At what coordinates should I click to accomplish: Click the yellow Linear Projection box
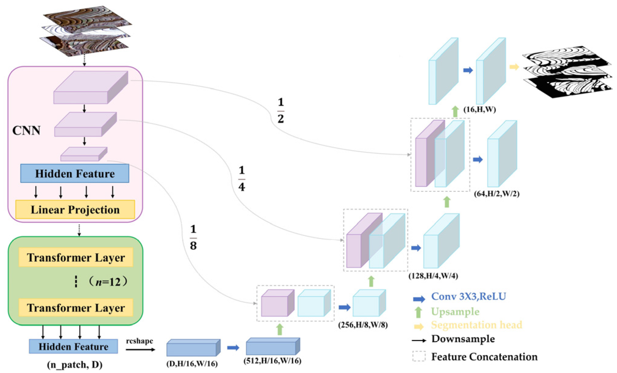tap(75, 209)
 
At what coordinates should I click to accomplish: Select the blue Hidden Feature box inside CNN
tap(75, 173)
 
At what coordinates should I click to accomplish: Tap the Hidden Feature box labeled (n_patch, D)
tap(73, 346)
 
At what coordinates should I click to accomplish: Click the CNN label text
tap(26, 130)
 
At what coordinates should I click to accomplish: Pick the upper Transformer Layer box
tap(76, 257)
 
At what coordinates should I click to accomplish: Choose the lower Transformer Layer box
tap(76, 307)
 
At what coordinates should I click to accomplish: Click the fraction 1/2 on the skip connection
tap(280, 110)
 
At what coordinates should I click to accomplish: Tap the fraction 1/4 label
tap(242, 178)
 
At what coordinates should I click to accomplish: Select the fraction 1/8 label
tap(193, 237)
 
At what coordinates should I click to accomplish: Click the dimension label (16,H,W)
tap(480, 109)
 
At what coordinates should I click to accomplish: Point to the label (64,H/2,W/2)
tap(497, 193)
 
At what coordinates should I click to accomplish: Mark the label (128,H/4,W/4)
tap(433, 276)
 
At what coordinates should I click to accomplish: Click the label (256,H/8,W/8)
tap(363, 325)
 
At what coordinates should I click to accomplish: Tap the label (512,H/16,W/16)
tap(272, 361)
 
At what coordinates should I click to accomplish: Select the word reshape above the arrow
tap(139, 341)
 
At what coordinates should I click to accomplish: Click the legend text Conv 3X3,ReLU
tap(468, 296)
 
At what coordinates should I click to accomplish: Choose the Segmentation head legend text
tap(477, 325)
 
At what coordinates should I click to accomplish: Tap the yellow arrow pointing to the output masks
tap(514, 67)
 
